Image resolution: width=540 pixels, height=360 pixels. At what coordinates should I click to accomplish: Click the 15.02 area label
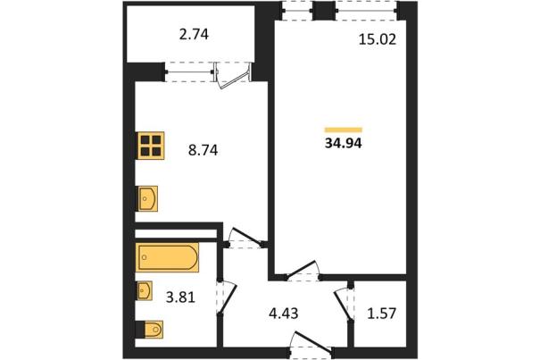point(378,39)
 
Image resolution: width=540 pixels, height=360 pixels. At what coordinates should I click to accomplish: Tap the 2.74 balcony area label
point(194,35)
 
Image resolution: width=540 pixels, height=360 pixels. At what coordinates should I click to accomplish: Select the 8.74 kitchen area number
point(203,150)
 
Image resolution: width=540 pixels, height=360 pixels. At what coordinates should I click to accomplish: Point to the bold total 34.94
point(343,143)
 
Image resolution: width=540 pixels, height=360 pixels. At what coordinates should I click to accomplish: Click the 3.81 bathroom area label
point(180,297)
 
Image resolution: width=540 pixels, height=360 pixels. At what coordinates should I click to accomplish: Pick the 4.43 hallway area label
point(284,314)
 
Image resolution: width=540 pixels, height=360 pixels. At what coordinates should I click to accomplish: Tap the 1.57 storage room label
point(382,314)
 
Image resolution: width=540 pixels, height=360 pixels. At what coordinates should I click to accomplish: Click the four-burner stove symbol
point(151,146)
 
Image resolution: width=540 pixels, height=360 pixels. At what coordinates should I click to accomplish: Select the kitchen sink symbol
point(148,198)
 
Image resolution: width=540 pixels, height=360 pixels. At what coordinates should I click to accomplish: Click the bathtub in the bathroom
point(168,257)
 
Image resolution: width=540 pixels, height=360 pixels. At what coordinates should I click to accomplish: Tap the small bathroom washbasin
point(145,290)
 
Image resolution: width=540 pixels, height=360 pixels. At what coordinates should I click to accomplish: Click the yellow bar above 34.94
point(344,130)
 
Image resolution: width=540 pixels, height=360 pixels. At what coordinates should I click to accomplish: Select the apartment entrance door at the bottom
point(312,342)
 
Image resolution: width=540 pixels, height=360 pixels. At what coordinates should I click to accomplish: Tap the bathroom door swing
point(228,297)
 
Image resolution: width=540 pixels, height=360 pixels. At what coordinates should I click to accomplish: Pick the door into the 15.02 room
point(302,269)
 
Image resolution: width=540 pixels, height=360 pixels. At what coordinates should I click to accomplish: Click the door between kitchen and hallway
point(245,238)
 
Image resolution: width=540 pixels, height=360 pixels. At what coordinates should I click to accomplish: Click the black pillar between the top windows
point(324,11)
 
